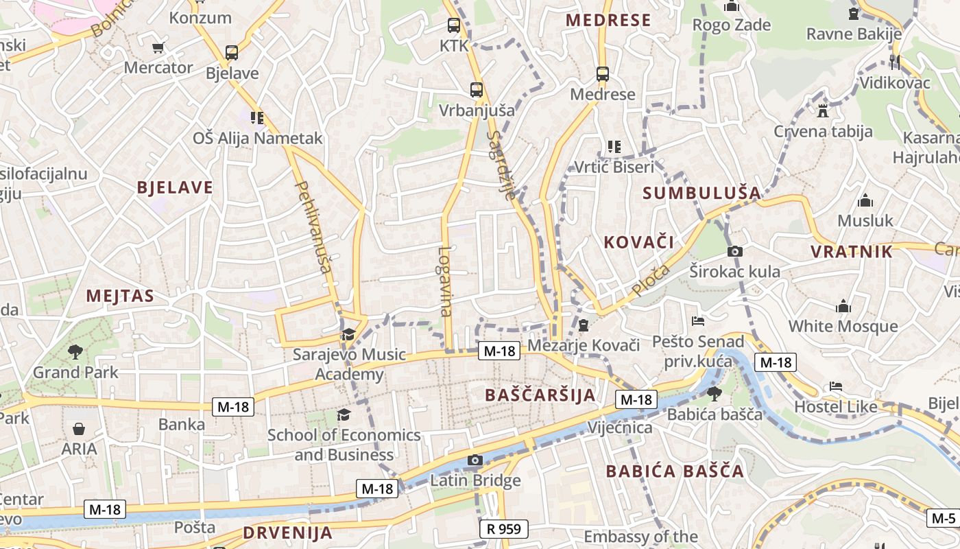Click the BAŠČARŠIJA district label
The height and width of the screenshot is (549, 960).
point(540,395)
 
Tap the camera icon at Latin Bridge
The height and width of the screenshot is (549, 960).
point(475,460)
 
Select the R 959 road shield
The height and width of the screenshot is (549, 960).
point(503,529)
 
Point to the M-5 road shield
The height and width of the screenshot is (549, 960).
point(943,518)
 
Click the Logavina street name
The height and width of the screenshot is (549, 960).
point(445,281)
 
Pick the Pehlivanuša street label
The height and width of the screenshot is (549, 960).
point(312,226)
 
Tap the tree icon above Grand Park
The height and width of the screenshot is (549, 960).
point(75,352)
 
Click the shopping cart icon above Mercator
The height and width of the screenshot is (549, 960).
point(158,48)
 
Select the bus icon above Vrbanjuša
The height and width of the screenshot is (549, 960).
point(476,89)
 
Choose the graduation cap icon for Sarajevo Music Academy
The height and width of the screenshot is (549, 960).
point(348,335)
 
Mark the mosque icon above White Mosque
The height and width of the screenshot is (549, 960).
point(843,306)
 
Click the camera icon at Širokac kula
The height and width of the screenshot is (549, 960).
point(735,251)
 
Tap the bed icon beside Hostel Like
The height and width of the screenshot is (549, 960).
point(835,386)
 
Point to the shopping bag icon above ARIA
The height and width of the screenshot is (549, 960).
point(79,429)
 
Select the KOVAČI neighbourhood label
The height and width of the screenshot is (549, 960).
point(638,242)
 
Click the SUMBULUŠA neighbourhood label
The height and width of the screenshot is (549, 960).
point(701,194)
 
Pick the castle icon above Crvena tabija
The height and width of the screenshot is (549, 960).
point(823,110)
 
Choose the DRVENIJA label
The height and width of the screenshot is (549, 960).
point(287,533)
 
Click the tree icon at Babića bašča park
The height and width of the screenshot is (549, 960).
point(714,393)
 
